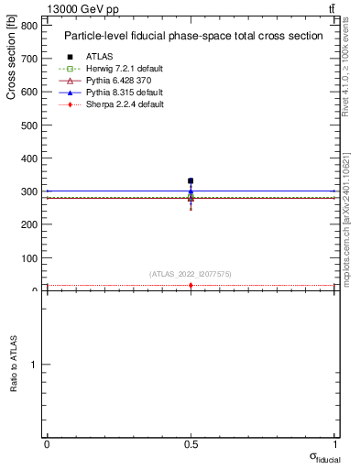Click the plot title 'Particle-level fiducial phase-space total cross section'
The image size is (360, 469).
(192, 36)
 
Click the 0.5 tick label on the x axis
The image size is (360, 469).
(191, 444)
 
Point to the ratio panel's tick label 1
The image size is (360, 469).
(34, 365)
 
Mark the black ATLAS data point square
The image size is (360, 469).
(191, 181)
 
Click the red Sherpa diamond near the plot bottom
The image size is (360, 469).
(191, 286)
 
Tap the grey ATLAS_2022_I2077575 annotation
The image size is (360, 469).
(190, 274)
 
